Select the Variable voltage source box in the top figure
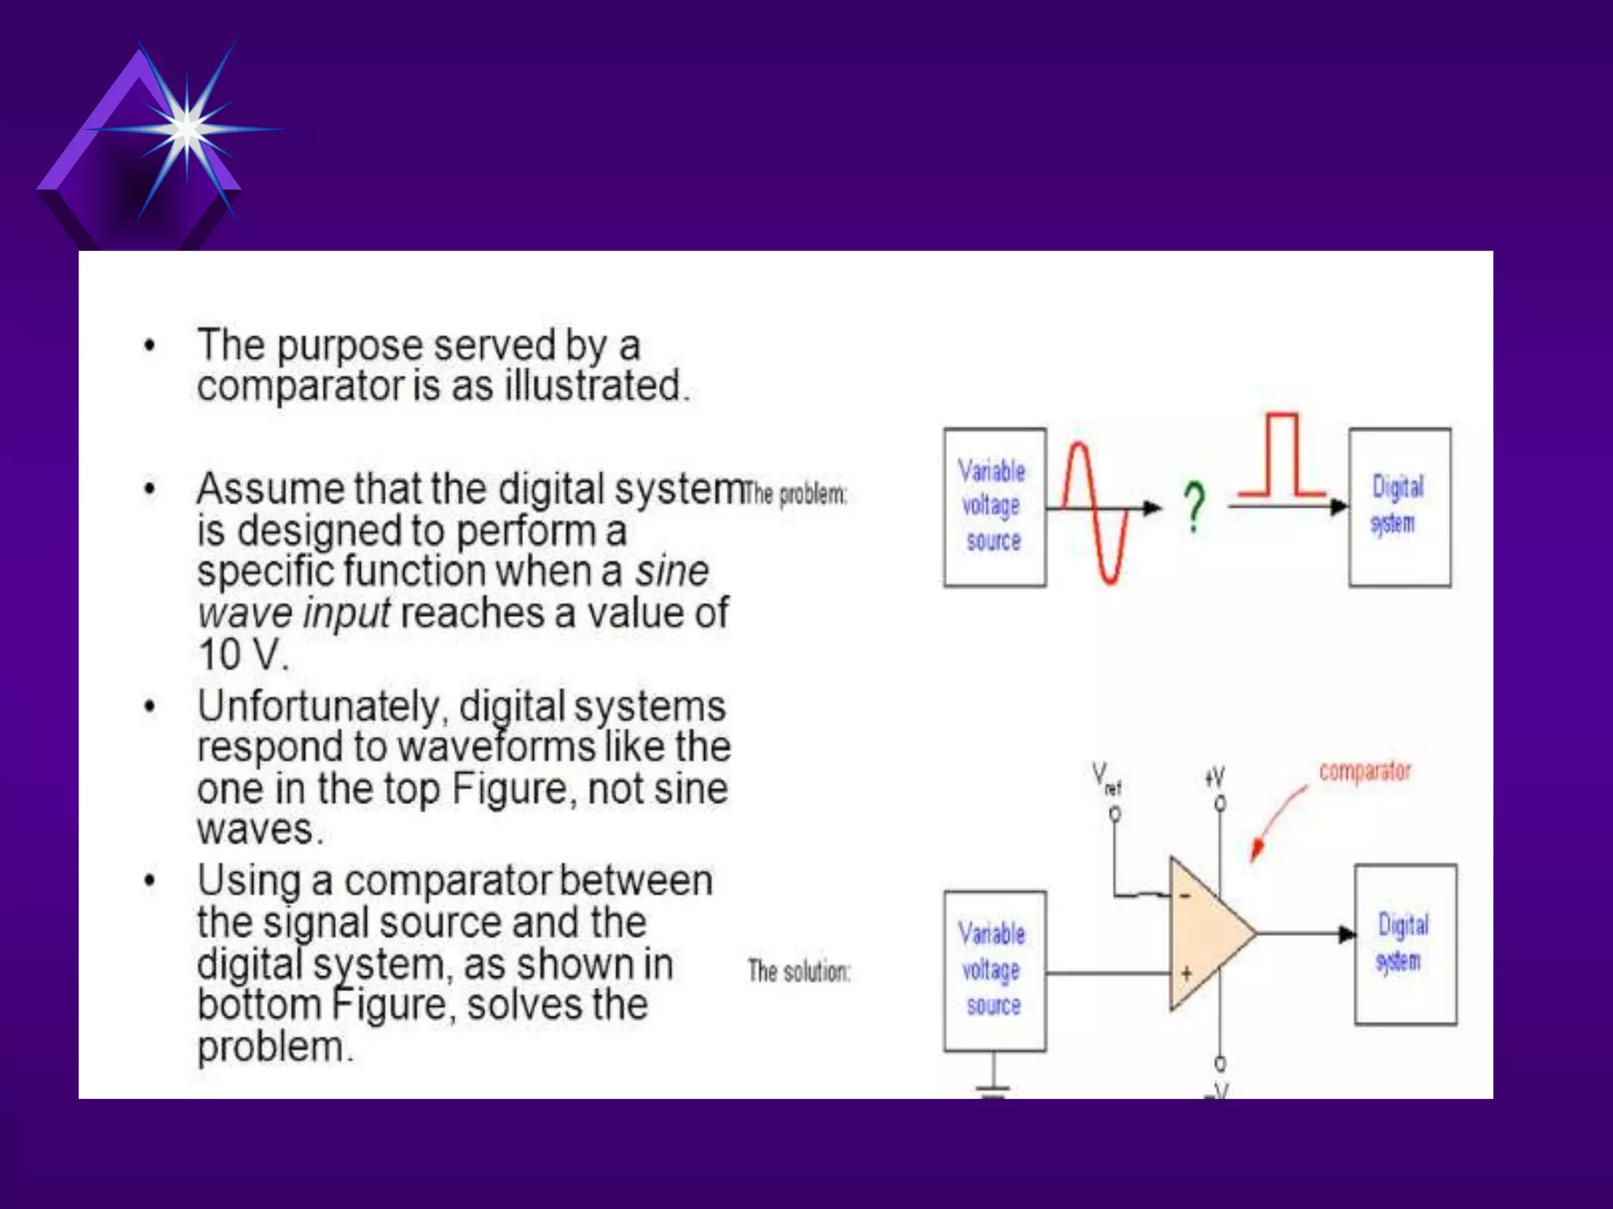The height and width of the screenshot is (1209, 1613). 994,507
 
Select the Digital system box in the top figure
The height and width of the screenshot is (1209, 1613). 1399,507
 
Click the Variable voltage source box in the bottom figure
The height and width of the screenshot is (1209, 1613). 994,970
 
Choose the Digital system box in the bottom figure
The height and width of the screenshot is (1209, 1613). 1404,944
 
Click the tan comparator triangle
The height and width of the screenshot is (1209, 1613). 1205,934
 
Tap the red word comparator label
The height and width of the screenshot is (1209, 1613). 1365,771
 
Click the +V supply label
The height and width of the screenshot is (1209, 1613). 1214,778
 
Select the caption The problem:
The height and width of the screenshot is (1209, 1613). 795,494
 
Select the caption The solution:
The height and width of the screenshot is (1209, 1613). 799,971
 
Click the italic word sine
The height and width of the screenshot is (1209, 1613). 672,571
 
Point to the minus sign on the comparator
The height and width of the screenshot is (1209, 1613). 1185,896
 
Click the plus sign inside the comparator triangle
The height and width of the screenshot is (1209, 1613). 1186,974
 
